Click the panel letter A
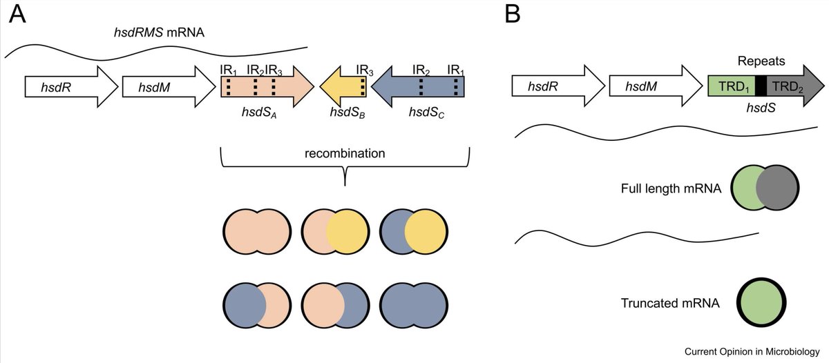[17, 14]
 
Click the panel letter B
[513, 13]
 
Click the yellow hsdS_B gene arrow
[343, 87]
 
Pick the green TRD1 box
[731, 86]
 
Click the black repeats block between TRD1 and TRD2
[761, 86]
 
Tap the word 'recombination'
[345, 153]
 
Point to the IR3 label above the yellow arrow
[364, 70]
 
